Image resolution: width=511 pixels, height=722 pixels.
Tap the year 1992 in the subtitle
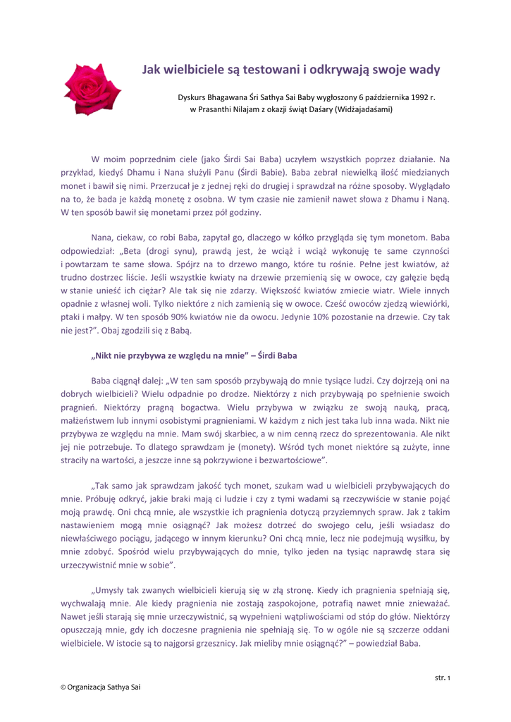(x=416, y=97)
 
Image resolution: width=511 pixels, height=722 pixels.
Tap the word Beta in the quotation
(x=139, y=252)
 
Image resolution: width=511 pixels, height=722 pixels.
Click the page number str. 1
(x=442, y=678)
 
